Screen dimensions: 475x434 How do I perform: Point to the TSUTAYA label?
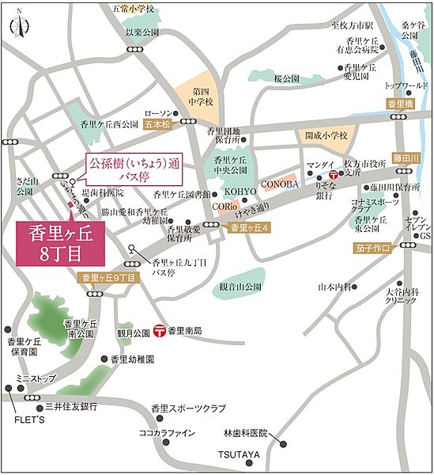(239, 454)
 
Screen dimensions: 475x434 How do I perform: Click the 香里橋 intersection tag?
(401, 104)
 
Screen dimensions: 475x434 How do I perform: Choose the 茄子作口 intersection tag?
(372, 248)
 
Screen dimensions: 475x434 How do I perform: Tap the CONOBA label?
(280, 184)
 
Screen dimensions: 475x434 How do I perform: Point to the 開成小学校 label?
(327, 135)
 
